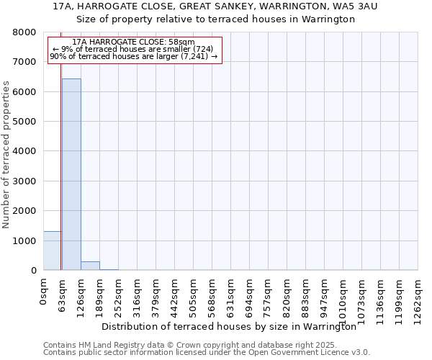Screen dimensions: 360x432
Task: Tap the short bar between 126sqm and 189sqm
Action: pyautogui.click(x=90, y=266)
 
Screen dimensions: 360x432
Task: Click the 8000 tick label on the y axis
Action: pyautogui.click(x=24, y=32)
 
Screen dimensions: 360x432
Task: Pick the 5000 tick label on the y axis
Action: pyautogui.click(x=24, y=122)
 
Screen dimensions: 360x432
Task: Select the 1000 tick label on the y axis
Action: pyautogui.click(x=24, y=240)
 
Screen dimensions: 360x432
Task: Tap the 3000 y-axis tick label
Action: pyautogui.click(x=24, y=181)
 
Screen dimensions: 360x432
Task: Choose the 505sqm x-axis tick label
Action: pyautogui.click(x=193, y=293)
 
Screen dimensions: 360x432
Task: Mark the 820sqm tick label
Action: pyautogui.click(x=287, y=293)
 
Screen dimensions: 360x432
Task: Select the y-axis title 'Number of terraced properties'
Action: pyautogui.click(x=6, y=154)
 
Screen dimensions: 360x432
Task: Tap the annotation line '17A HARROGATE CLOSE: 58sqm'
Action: pyautogui.click(x=134, y=42)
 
